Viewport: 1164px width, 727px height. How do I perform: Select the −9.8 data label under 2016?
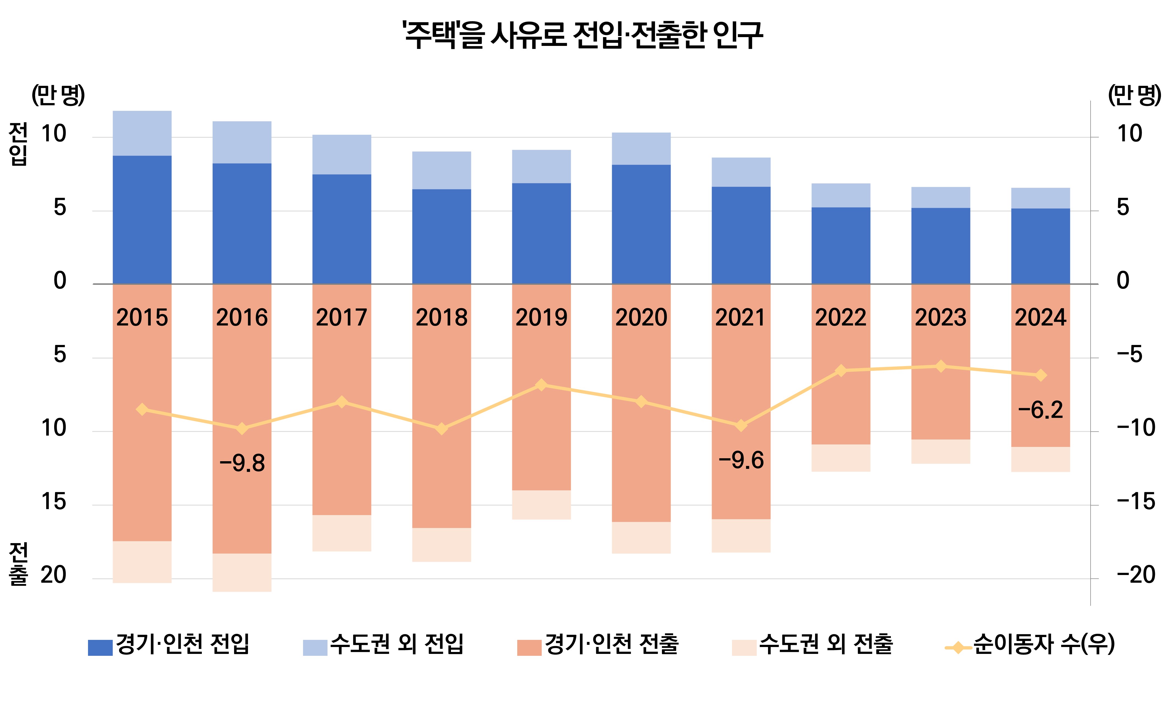[242, 463]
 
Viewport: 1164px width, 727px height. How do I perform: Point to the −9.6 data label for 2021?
[741, 460]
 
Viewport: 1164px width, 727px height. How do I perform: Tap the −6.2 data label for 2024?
[1040, 410]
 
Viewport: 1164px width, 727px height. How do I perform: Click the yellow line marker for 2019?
[541, 385]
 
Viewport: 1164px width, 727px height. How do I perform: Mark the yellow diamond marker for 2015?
[142, 409]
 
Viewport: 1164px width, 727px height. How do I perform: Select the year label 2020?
[641, 317]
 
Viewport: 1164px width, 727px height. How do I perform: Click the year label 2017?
[342, 317]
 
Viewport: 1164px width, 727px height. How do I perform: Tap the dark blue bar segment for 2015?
[142, 220]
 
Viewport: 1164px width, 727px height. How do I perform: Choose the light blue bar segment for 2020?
[641, 149]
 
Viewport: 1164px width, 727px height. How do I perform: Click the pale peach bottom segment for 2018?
[442, 545]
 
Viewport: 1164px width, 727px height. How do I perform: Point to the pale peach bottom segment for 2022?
[841, 458]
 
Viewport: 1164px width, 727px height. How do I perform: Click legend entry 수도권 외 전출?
[813, 644]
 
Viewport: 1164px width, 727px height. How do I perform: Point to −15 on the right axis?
[1135, 502]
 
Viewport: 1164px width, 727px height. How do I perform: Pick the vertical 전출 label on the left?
[18, 564]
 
